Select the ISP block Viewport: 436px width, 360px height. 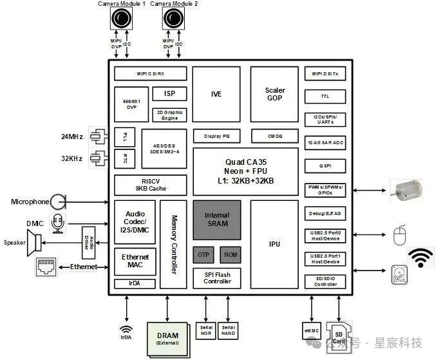tap(169, 93)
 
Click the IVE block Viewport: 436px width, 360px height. tap(216, 94)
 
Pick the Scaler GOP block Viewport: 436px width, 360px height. tap(275, 94)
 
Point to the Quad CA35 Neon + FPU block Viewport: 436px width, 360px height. tap(245, 171)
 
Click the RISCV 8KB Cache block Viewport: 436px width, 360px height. tap(150, 185)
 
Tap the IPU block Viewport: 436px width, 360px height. tap(274, 244)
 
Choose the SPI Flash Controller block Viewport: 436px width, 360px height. tap(217, 278)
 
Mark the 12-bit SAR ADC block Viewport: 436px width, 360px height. tap(325, 142)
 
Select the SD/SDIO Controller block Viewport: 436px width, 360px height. tap(325, 281)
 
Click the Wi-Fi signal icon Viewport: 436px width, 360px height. tap(421, 257)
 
